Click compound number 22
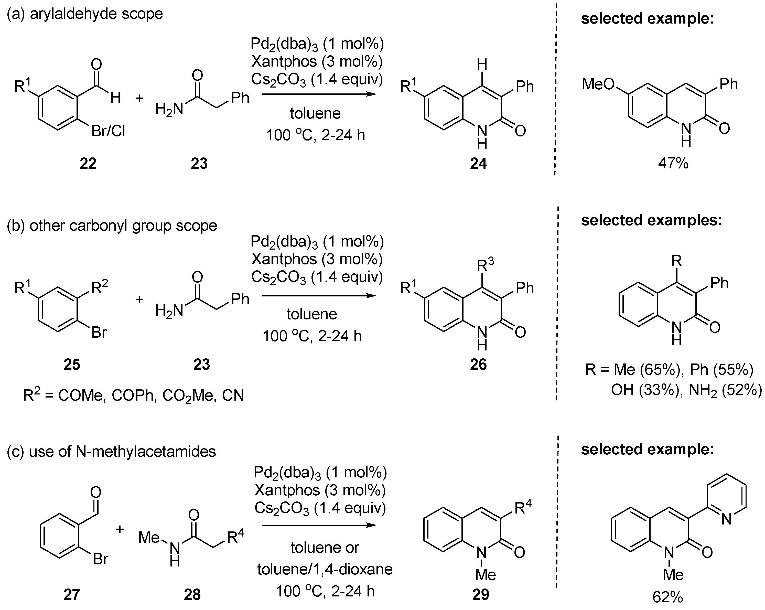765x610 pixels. click(x=88, y=164)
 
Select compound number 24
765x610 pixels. click(x=478, y=164)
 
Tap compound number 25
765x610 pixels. click(x=72, y=365)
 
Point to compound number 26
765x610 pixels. click(x=478, y=365)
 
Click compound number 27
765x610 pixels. click(x=72, y=594)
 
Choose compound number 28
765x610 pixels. click(x=192, y=594)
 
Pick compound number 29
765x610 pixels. click(x=481, y=594)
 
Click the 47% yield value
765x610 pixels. click(x=673, y=164)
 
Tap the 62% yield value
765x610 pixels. click(x=667, y=597)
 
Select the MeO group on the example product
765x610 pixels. click(x=598, y=84)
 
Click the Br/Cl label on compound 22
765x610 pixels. click(x=108, y=132)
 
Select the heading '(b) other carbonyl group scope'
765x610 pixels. click(x=112, y=226)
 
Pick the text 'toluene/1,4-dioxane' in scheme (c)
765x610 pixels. click(x=325, y=569)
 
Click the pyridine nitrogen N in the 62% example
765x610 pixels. click(x=726, y=520)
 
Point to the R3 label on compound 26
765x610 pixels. click(x=485, y=264)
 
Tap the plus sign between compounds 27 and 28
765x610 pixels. click(x=120, y=529)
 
